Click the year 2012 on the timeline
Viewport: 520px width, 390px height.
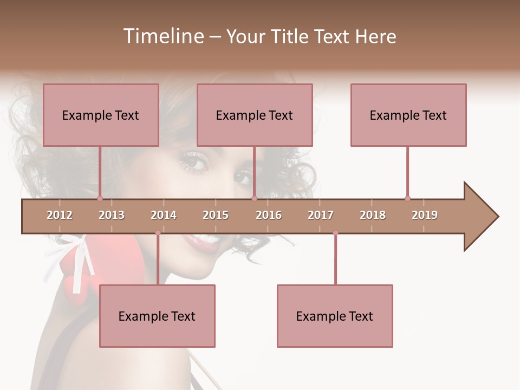[60, 215]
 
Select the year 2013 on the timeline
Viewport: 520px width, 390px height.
[112, 215]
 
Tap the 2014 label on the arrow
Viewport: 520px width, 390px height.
[164, 215]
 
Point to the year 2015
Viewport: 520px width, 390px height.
[216, 215]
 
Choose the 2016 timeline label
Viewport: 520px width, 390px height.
[269, 215]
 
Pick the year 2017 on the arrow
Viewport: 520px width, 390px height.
[321, 215]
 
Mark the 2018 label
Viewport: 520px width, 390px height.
[373, 215]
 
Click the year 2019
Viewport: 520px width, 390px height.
[425, 215]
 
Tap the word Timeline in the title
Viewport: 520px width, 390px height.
[162, 36]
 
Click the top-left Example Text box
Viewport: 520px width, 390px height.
[101, 115]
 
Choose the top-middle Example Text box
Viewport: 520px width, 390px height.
[255, 115]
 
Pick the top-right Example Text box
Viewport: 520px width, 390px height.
[408, 115]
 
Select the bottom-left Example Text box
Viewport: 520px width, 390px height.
[157, 316]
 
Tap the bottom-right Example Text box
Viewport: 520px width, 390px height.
[335, 316]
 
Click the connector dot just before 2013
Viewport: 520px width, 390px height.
[100, 198]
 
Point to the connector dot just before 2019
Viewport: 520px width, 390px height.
[407, 198]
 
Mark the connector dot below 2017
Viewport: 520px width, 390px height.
[335, 233]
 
